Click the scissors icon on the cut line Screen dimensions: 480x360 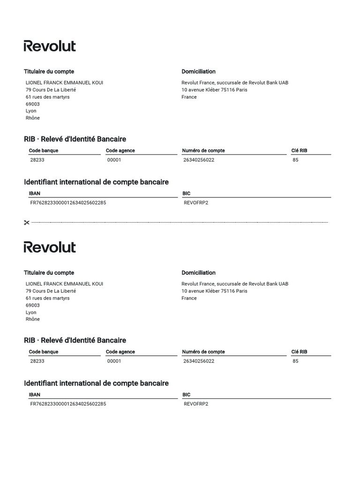point(27,223)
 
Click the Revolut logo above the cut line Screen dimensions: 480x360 point(50,46)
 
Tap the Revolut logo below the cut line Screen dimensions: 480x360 point(50,247)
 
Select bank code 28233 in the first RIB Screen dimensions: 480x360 point(37,160)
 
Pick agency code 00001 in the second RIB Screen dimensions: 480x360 point(114,361)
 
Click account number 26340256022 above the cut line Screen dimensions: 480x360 point(199,160)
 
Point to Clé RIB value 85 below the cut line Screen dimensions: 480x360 point(295,361)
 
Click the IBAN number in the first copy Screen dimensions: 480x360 point(68,202)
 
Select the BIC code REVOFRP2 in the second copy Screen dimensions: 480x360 point(196,404)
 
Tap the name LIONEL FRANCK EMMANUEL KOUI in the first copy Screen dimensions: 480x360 point(64,82)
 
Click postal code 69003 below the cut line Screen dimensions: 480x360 point(33,305)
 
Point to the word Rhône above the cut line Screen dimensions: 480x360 point(33,118)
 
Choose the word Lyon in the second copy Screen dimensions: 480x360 point(31,312)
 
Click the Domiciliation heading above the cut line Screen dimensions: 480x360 point(198,72)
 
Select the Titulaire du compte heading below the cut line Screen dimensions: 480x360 point(49,273)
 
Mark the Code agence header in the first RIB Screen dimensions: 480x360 point(120,150)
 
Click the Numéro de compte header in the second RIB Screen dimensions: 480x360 point(203,352)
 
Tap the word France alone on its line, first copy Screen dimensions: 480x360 point(189,97)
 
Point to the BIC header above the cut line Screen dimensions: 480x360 point(187,193)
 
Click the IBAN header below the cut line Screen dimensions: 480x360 point(35,395)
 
